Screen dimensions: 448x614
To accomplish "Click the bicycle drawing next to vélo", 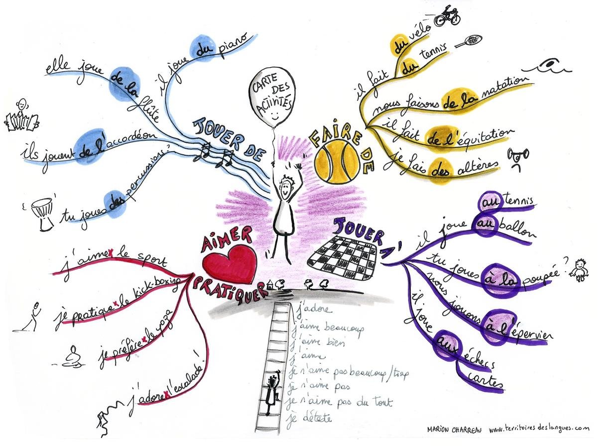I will tap(447, 16).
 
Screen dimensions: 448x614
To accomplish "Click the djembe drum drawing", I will tap(44, 213).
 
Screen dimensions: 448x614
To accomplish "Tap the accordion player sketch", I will tap(21, 117).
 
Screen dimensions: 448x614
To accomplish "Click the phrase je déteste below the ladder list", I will tap(309, 418).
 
